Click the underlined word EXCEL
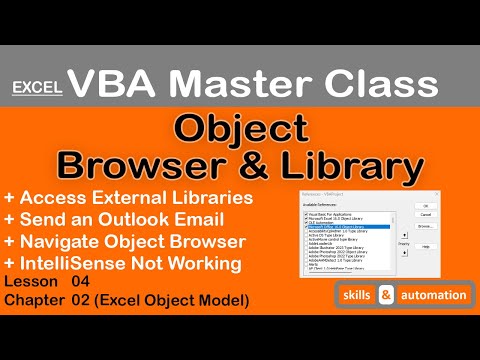tap(37, 88)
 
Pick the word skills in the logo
tap(356, 295)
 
